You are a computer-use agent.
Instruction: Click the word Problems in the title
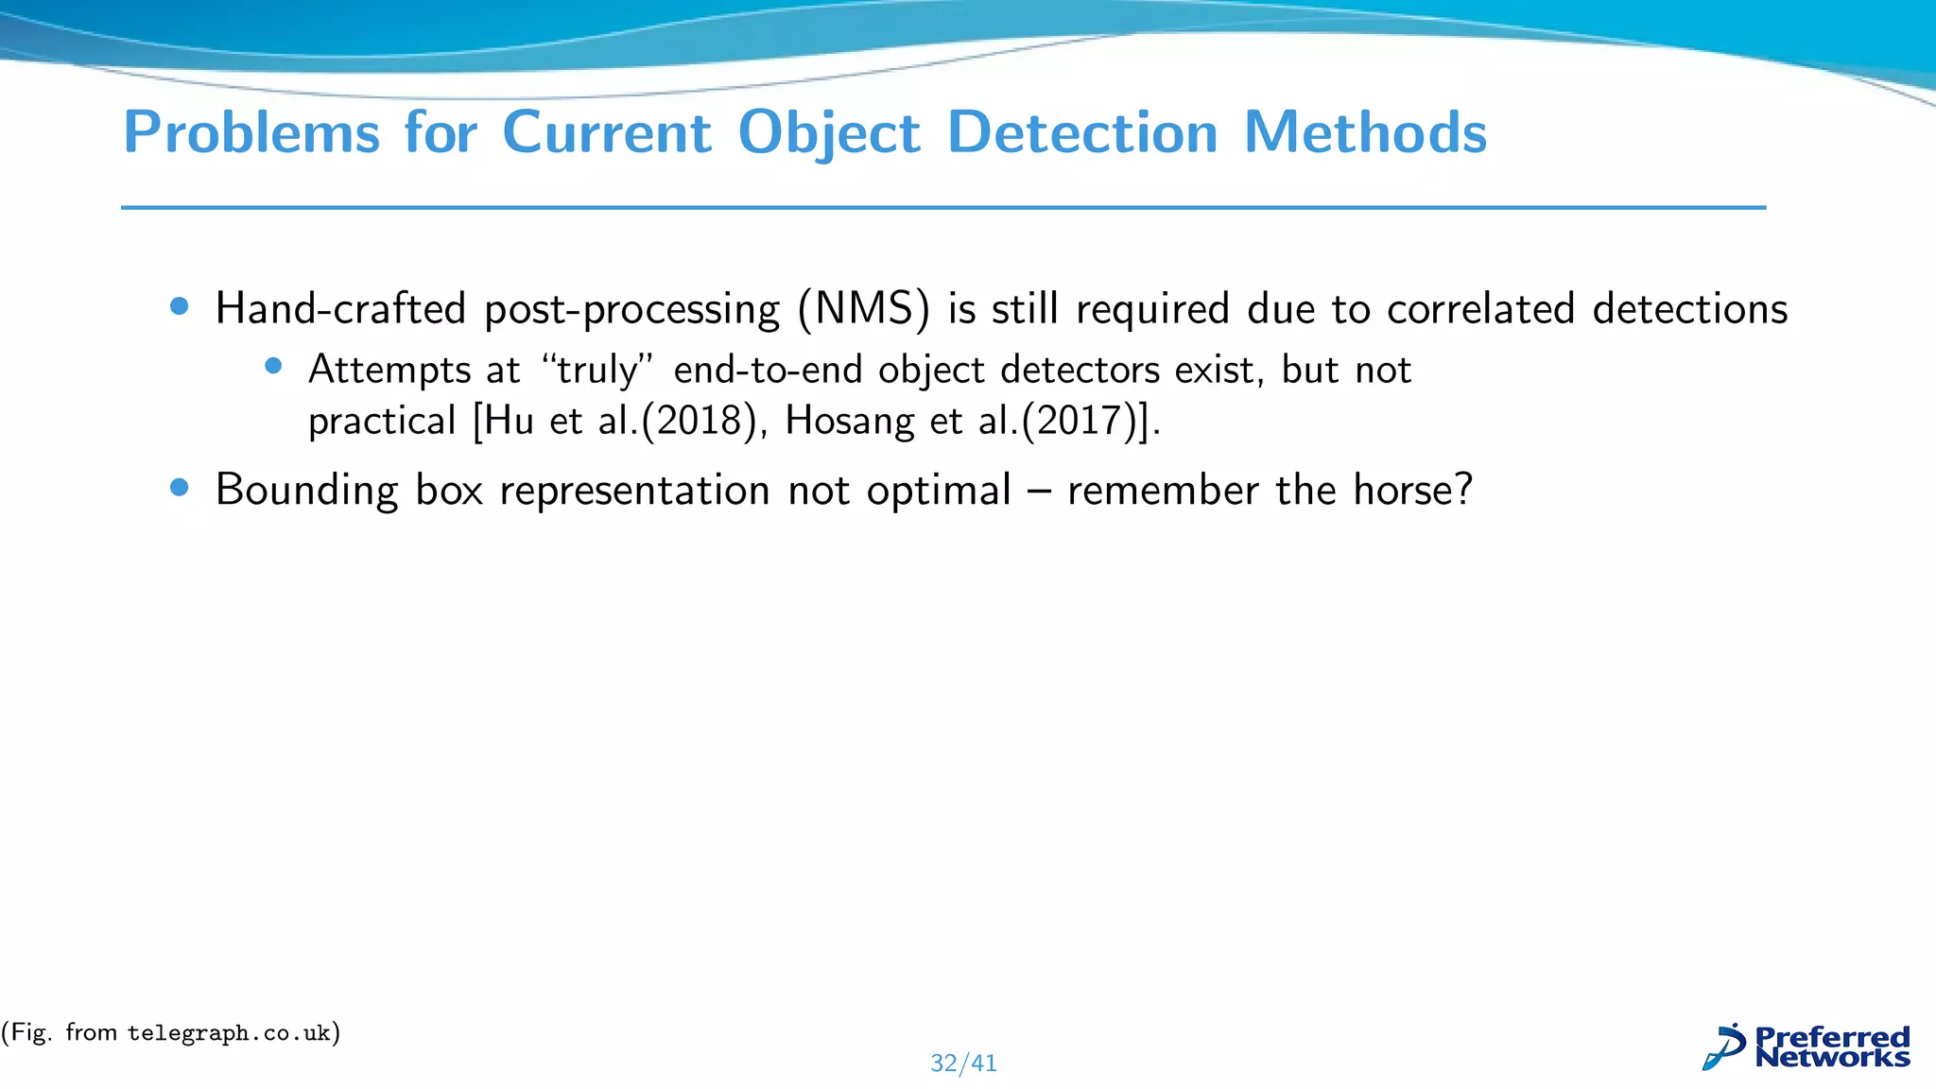tap(251, 132)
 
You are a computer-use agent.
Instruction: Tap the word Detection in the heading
tap(1082, 132)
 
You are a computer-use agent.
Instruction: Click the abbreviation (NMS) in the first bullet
tap(863, 309)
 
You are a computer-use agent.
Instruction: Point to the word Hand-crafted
tap(341, 309)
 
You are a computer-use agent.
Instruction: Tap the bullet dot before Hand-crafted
tap(179, 306)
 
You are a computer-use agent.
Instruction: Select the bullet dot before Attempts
tap(273, 367)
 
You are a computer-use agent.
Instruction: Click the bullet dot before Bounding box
tap(179, 488)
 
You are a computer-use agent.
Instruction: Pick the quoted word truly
tap(597, 370)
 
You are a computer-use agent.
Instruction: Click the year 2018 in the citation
tap(700, 421)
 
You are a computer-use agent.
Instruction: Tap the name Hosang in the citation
tap(849, 421)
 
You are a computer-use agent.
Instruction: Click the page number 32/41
tap(963, 1063)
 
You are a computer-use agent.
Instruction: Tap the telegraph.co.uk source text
tap(229, 1033)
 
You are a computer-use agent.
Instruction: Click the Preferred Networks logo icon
tap(1724, 1047)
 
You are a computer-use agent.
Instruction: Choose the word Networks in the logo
tap(1832, 1057)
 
